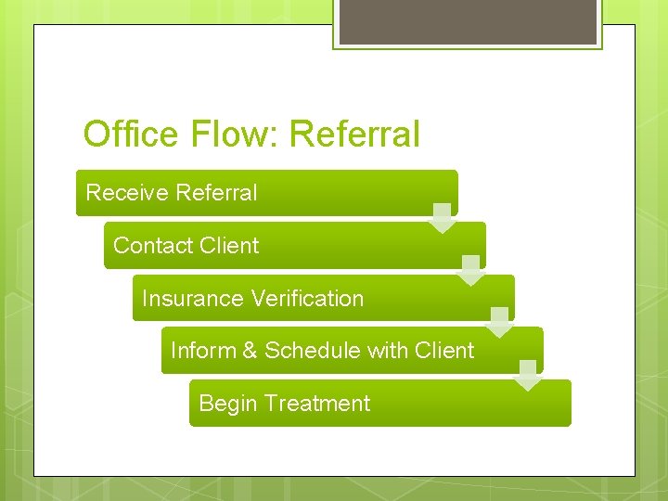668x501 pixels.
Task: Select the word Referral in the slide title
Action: pos(354,135)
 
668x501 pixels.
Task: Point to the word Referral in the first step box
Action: pos(215,193)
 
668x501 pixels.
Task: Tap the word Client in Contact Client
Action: pos(228,246)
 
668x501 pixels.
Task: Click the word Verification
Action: pos(306,299)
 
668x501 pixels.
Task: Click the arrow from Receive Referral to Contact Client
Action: pos(443,218)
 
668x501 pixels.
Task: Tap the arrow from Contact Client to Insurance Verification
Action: pos(471,270)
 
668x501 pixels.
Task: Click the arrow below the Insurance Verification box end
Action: pos(500,322)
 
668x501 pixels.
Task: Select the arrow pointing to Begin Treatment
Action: pos(528,375)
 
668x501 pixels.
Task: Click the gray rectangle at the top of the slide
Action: pos(468,21)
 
